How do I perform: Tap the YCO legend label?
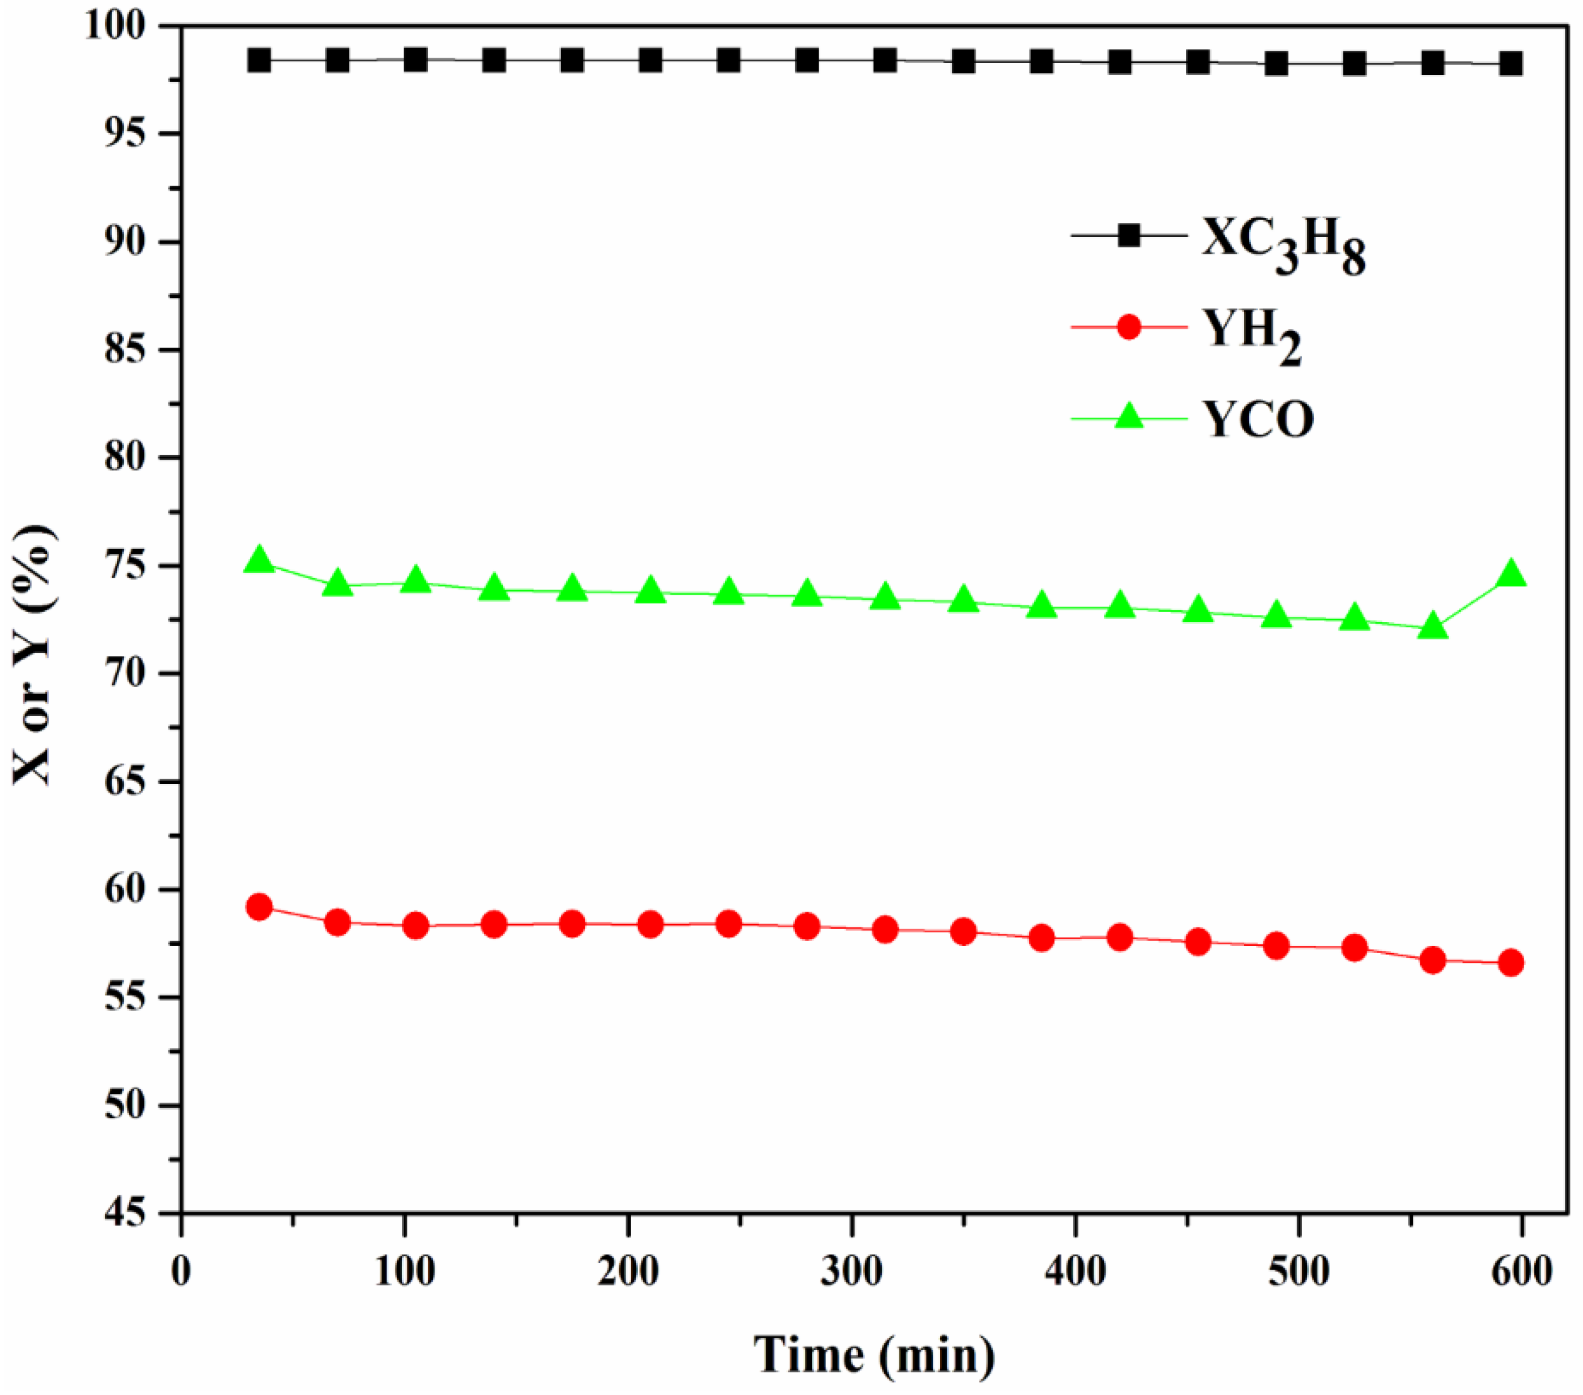[1258, 420]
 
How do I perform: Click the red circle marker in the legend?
[1129, 326]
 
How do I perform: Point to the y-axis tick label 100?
[114, 26]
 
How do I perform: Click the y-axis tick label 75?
[126, 567]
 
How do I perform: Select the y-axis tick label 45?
[126, 1213]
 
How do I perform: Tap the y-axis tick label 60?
[126, 890]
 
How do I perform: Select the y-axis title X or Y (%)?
[34, 654]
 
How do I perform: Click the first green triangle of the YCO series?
[260, 560]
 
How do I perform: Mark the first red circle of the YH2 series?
[260, 907]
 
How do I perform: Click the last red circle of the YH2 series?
[1512, 963]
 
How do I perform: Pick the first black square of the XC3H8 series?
[260, 61]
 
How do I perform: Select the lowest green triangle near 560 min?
[1433, 625]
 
